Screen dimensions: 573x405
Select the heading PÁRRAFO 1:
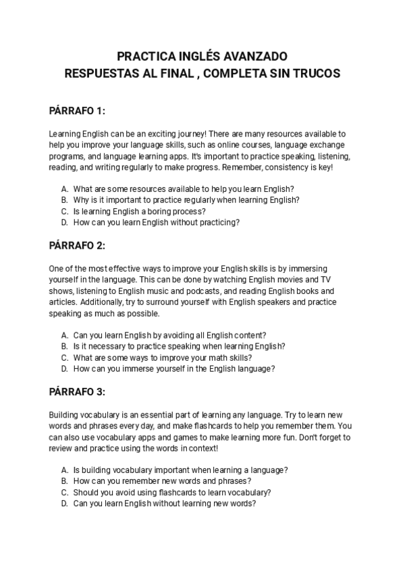(x=78, y=110)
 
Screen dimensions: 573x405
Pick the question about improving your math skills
(x=162, y=357)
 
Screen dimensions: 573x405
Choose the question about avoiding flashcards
(x=171, y=492)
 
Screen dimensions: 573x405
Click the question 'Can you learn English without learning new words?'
(x=164, y=503)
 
